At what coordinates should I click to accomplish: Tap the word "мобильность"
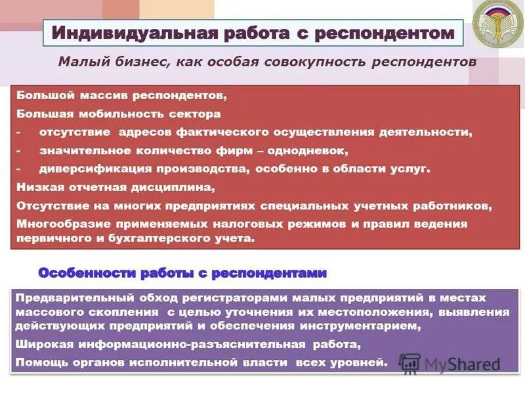point(108,114)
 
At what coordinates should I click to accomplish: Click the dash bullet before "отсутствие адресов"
point(19,132)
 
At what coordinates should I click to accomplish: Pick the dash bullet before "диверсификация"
point(19,169)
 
